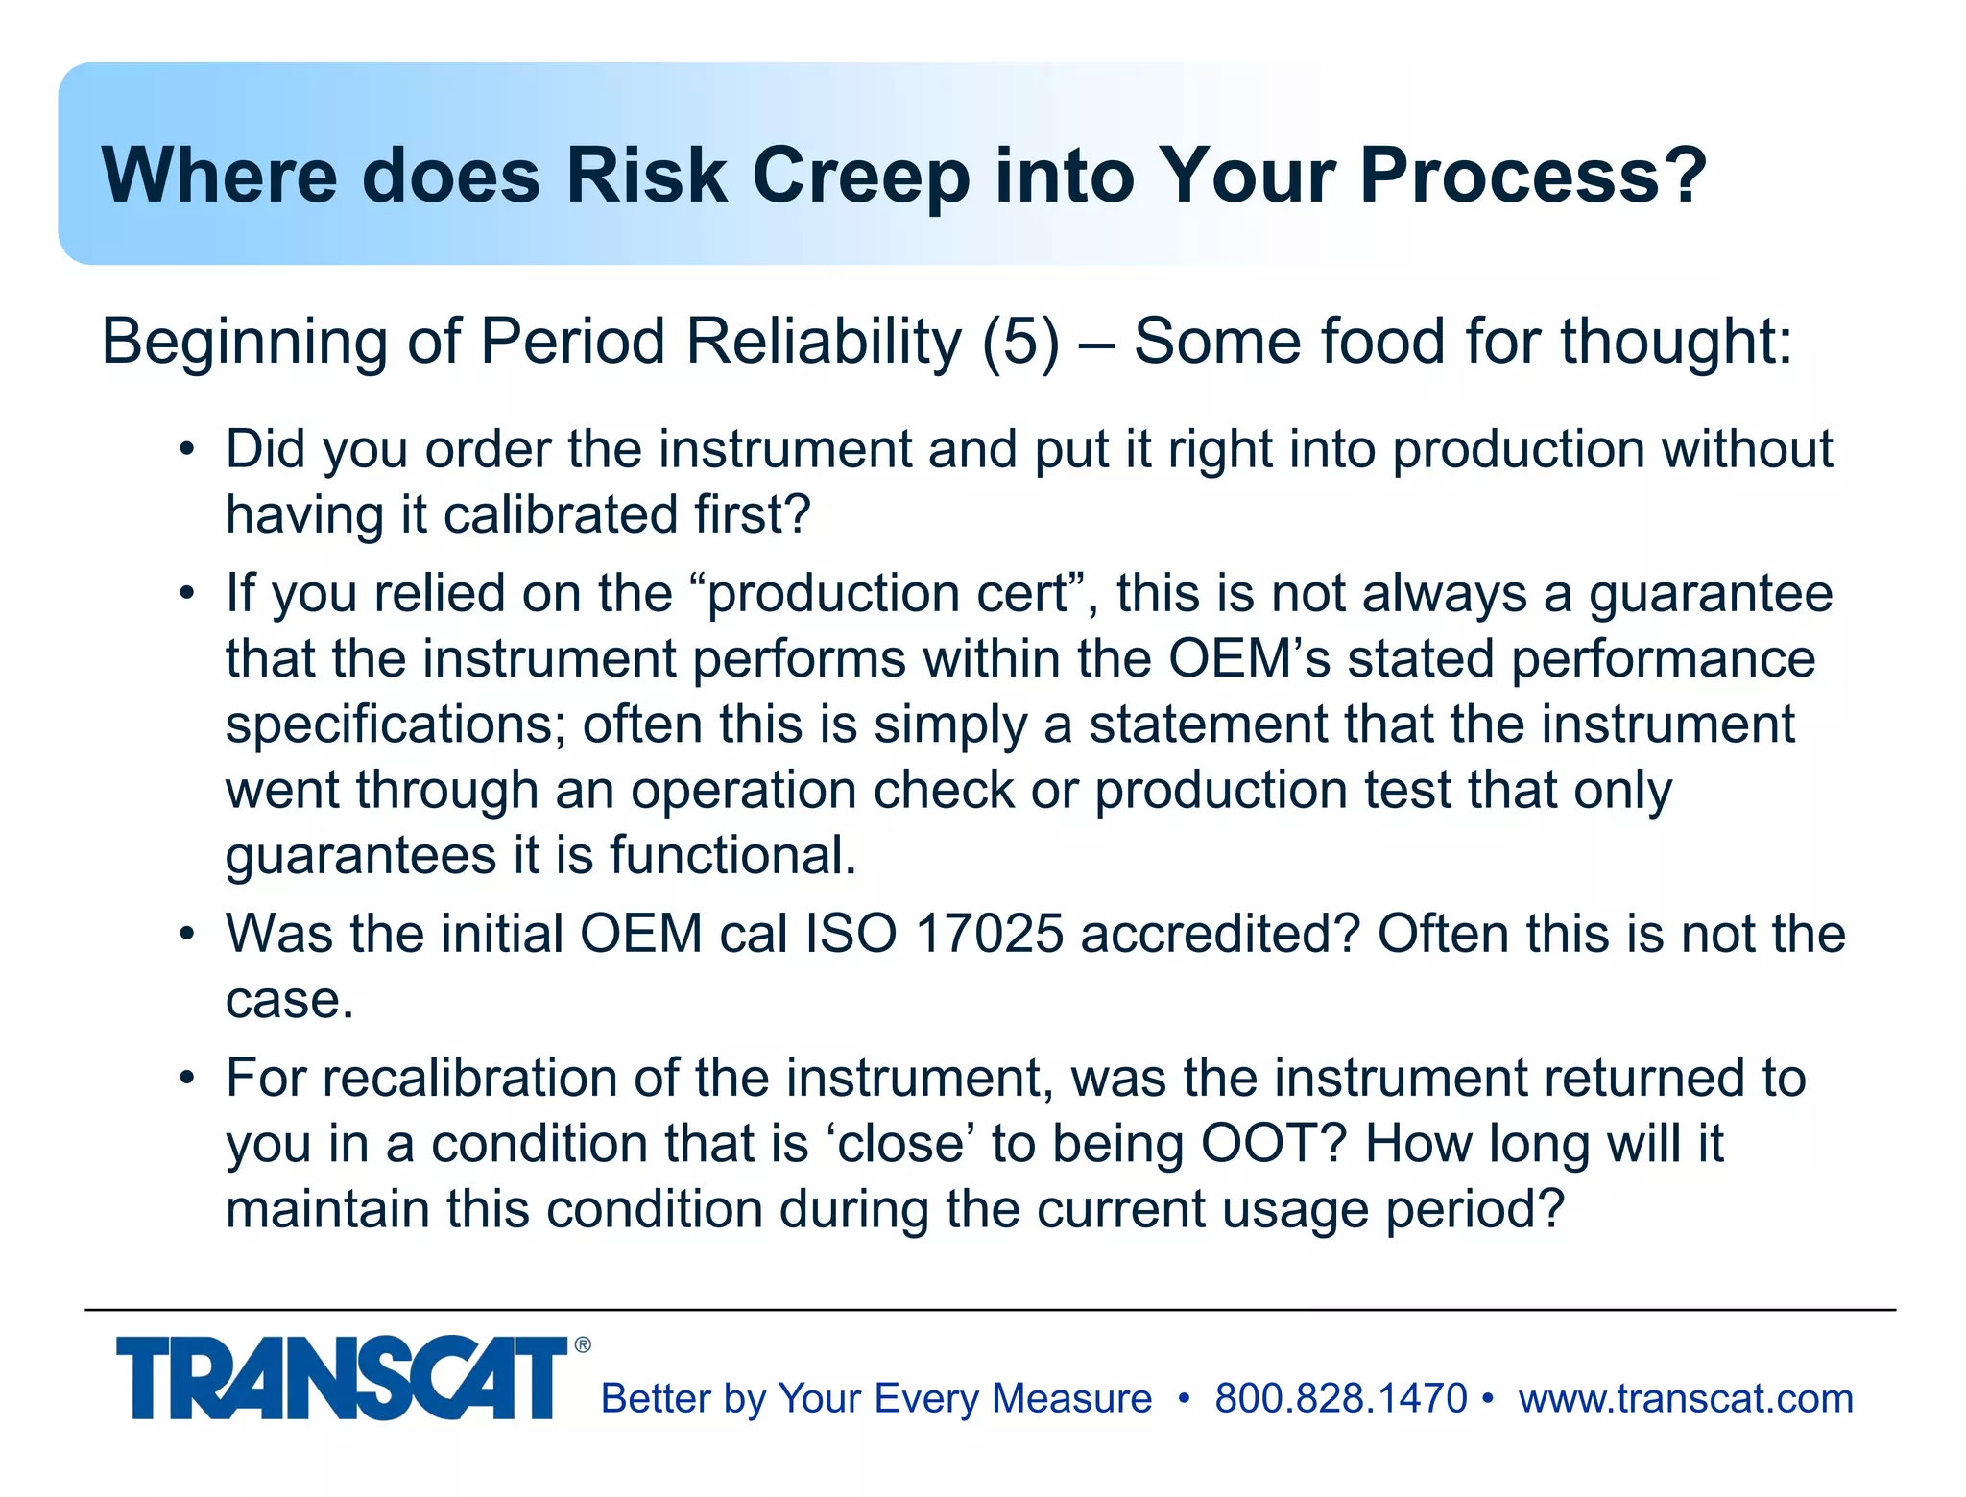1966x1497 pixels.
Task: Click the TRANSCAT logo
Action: click(342, 1378)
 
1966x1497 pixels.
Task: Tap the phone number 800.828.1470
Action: click(1340, 1398)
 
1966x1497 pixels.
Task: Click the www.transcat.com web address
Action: click(1686, 1398)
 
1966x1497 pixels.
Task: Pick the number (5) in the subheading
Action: click(1020, 342)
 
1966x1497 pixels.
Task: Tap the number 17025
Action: click(990, 934)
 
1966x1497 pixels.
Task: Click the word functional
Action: click(732, 855)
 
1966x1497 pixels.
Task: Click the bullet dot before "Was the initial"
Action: click(188, 934)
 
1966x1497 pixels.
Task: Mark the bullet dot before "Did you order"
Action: click(188, 449)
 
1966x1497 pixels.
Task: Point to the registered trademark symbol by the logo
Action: click(583, 1345)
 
